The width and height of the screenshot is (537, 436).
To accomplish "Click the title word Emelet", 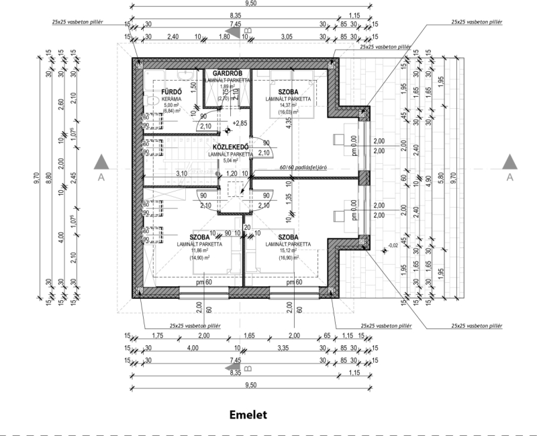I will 248,415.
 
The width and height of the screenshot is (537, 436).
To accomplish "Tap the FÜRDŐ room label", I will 166,90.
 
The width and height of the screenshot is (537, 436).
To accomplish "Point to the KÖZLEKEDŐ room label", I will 231,146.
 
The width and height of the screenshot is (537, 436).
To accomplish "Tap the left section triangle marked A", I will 101,163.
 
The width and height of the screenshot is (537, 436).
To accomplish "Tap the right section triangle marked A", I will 509,163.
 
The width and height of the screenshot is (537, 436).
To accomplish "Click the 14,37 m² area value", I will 287,105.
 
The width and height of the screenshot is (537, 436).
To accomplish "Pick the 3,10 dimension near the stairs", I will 181,174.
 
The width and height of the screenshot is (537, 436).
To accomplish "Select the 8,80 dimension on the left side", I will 49,178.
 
